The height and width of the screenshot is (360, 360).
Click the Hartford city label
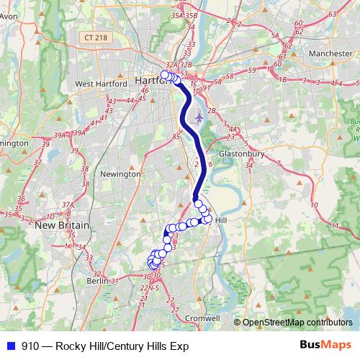151,81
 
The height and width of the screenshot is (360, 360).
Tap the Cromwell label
202,318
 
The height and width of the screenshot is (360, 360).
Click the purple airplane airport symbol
199,117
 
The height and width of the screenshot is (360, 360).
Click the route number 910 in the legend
30,346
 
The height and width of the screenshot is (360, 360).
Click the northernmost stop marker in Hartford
165,75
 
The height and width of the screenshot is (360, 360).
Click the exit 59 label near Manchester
251,70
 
